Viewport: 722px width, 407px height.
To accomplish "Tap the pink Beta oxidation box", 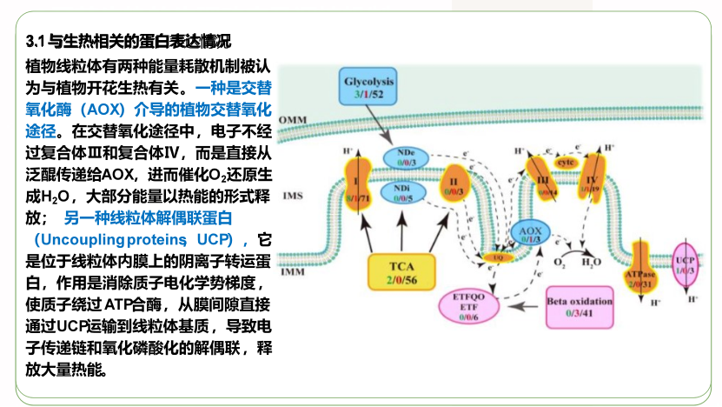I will point(580,307).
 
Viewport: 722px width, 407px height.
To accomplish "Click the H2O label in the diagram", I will point(591,262).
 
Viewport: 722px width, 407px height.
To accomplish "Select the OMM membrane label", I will point(294,120).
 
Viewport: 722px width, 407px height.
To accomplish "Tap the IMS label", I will point(293,197).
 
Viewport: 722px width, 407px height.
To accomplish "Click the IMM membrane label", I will point(294,272).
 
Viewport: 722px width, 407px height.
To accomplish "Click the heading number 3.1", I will point(36,41).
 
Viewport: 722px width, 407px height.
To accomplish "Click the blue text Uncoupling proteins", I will point(108,238).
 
